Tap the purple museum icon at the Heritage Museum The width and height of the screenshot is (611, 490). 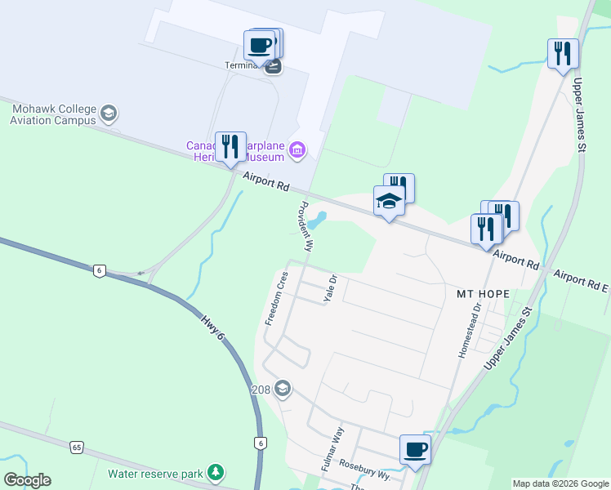(x=297, y=149)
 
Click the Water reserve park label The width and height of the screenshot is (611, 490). (x=156, y=473)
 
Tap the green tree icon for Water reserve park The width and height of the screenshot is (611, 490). (x=215, y=473)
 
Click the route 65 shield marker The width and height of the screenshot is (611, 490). (x=77, y=447)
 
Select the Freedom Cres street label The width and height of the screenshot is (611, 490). (x=276, y=297)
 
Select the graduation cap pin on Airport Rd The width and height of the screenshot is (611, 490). (x=390, y=201)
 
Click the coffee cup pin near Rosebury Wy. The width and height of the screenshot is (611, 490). (x=415, y=449)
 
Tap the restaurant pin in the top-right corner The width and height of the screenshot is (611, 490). (x=563, y=54)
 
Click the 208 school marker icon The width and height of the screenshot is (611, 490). (x=283, y=387)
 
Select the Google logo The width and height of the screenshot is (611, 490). (x=27, y=480)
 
